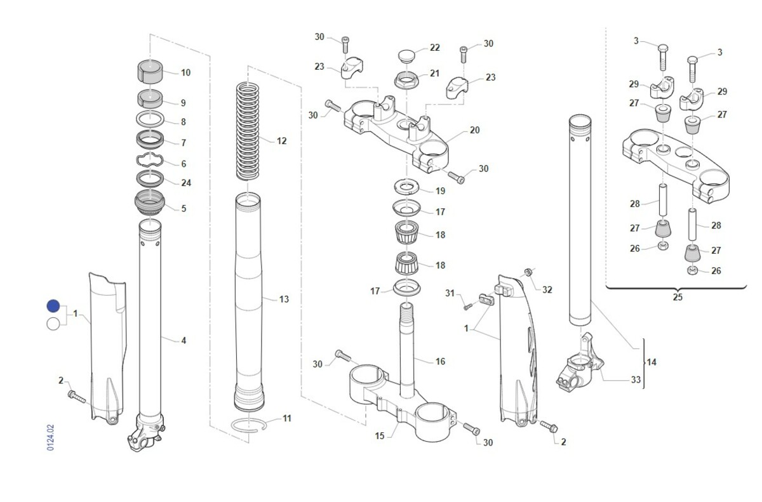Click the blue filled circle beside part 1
coord(53,307)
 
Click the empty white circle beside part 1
coord(53,324)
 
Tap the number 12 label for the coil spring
coord(281,140)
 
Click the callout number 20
coord(474,130)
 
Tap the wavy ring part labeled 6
coord(150,161)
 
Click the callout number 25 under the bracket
coord(677,297)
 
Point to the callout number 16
coord(440,362)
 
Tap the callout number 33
coord(636,381)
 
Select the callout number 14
coord(652,362)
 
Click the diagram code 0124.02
coord(51,438)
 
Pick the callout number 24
coord(185,183)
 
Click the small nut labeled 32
coord(527,273)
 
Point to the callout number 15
coord(380,436)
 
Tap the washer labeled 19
coord(408,186)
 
